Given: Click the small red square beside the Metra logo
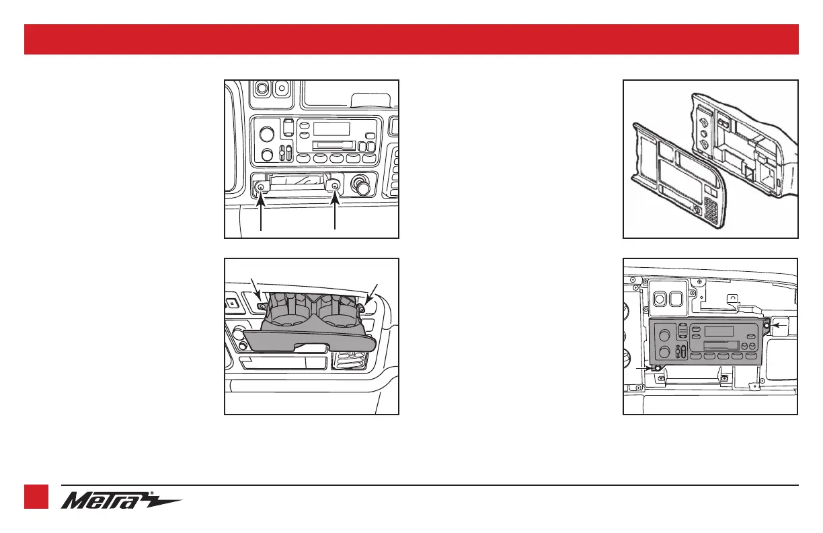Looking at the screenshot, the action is (38, 497).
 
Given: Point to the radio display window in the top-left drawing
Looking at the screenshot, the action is (331, 129).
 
